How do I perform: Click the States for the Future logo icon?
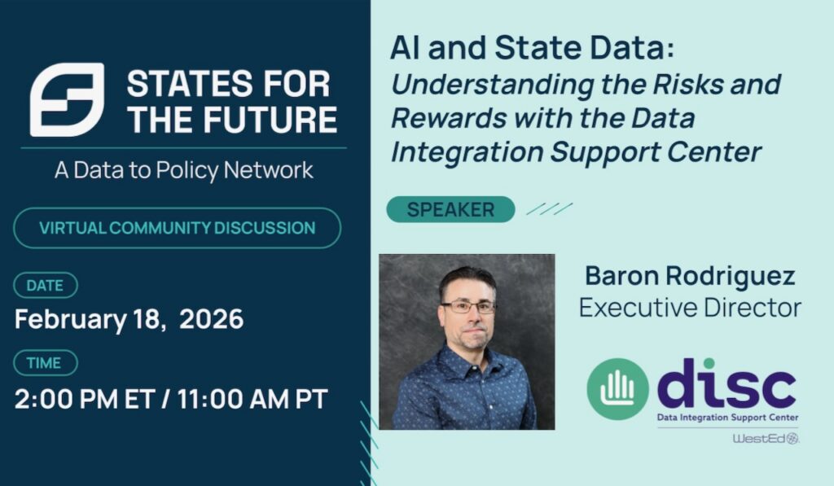[67, 99]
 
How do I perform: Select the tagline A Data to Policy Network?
[184, 170]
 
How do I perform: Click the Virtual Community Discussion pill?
[177, 228]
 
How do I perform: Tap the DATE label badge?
[46, 286]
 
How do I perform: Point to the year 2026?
[211, 319]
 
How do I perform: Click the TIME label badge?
[46, 363]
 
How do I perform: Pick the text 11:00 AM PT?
[252, 400]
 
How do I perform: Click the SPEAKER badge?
[450, 209]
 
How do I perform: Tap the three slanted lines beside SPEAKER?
[550, 208]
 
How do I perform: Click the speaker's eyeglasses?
[468, 307]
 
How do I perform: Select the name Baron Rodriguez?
[690, 275]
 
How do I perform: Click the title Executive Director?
[690, 308]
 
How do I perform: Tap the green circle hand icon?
[617, 388]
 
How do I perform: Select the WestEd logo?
[766, 439]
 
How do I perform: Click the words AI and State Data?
[533, 47]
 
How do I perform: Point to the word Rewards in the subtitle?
[449, 117]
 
